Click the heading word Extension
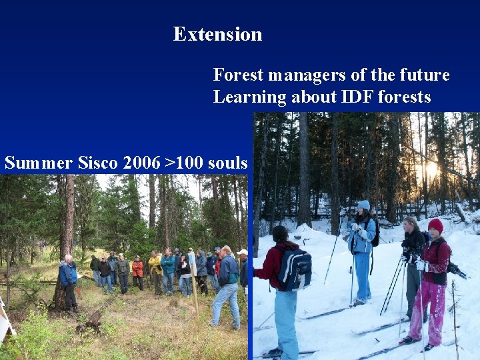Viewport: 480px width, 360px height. click(217, 34)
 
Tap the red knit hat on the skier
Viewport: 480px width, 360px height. click(435, 225)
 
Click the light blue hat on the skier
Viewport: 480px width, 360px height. click(363, 205)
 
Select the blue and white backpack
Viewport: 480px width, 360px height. click(294, 269)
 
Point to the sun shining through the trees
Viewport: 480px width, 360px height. click(430, 170)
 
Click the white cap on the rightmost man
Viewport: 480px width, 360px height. click(243, 253)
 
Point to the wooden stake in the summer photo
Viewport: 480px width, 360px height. click(194, 293)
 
